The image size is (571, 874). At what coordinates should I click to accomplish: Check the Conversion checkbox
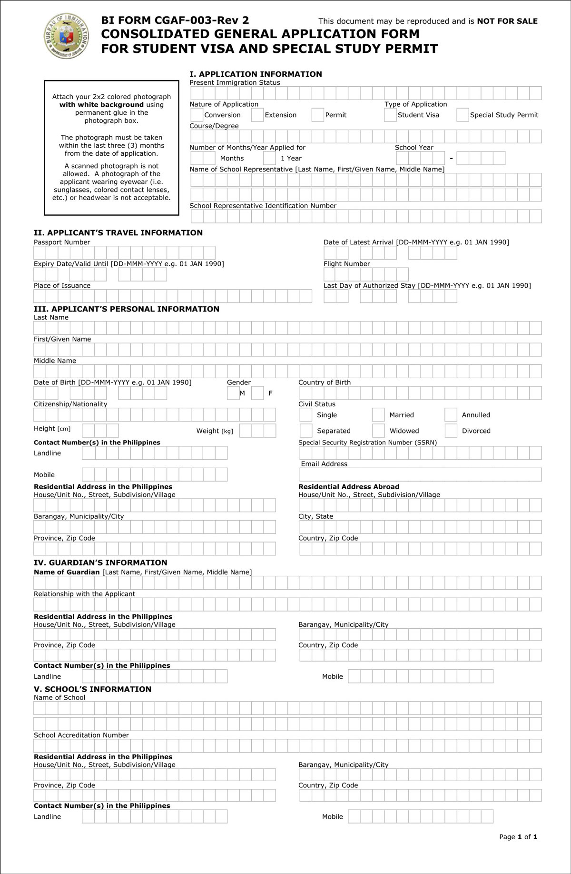[197, 115]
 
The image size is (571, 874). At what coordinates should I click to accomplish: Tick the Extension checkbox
[257, 115]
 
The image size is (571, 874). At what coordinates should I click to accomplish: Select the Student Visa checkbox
[390, 115]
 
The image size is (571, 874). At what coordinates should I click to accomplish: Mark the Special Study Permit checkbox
[463, 115]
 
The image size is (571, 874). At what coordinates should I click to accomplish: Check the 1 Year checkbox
[269, 158]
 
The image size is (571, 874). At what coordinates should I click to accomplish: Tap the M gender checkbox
[233, 393]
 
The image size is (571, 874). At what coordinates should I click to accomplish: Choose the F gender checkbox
[257, 393]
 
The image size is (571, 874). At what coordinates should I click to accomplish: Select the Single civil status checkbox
[306, 415]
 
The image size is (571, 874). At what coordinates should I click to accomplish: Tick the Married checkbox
[378, 415]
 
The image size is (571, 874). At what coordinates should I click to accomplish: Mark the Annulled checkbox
[451, 415]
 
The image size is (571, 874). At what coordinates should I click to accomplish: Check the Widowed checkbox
[378, 431]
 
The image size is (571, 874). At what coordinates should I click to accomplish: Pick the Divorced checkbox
[451, 431]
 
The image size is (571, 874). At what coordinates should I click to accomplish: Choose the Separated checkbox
[306, 431]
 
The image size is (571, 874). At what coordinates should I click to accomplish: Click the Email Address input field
[420, 474]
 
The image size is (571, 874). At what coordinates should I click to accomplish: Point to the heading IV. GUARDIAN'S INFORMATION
[100, 563]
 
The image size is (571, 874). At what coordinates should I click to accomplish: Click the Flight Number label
[346, 264]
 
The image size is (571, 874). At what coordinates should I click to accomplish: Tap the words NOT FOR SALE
[507, 21]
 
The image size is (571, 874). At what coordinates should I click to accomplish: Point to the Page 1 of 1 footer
[518, 836]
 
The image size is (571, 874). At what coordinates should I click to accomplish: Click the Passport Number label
[62, 242]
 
